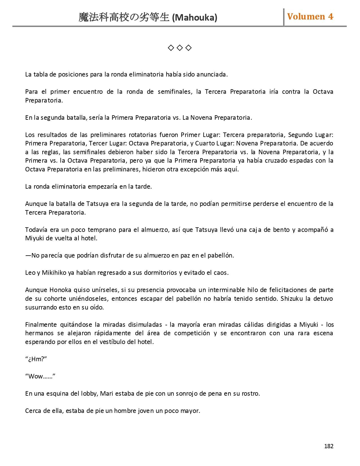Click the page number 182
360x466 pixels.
pos(329,446)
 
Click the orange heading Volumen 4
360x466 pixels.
pos(310,17)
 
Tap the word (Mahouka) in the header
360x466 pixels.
pos(195,18)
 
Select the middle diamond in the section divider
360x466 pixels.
pos(180,48)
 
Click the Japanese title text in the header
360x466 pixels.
pos(124,18)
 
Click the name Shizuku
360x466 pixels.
pos(292,299)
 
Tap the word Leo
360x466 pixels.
pos(30,273)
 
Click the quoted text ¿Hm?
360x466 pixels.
pos(36,359)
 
